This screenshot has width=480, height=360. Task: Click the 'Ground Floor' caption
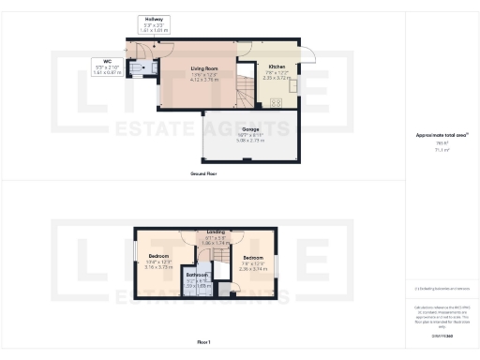204,174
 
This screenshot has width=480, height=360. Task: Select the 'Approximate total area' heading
442,135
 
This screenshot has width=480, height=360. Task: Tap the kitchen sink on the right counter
292,84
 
